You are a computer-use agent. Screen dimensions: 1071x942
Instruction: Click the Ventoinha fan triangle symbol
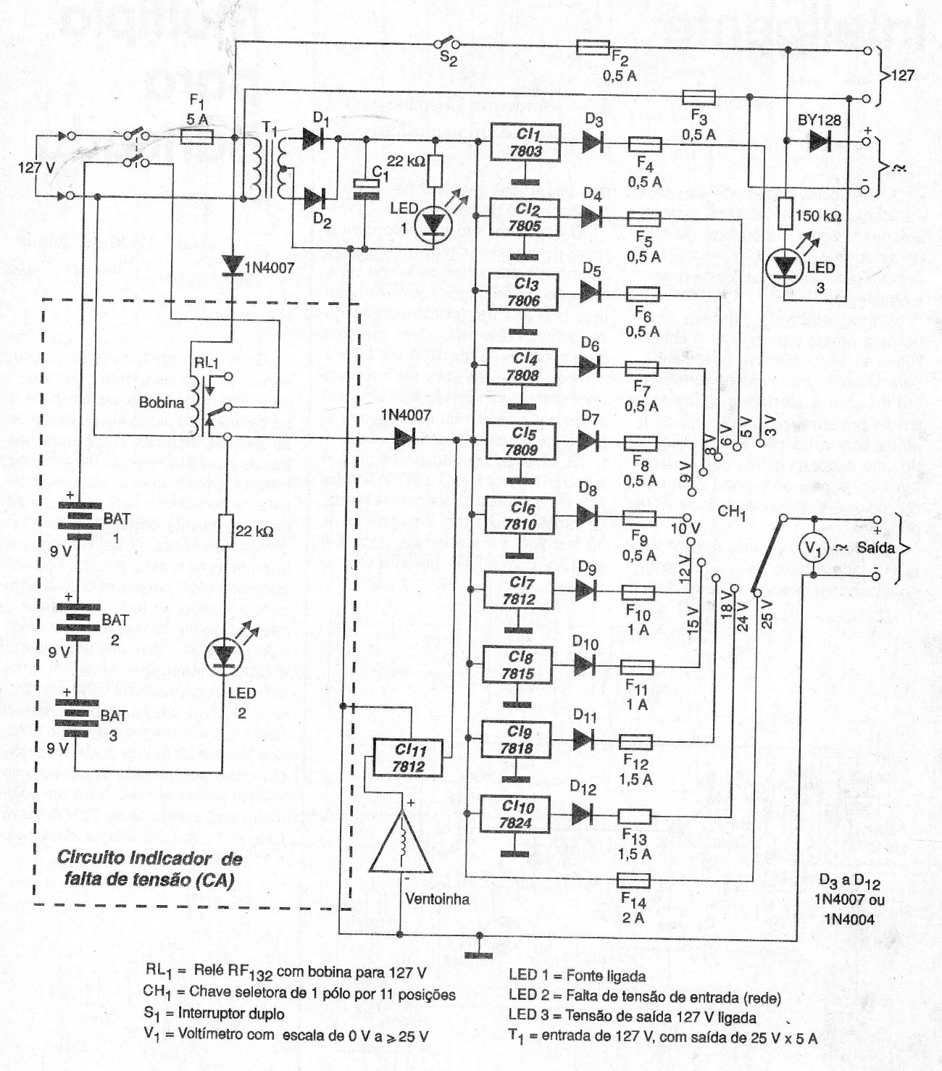coord(400,841)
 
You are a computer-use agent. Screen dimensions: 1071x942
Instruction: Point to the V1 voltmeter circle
coord(813,549)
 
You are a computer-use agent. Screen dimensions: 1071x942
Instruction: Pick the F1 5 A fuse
coord(196,136)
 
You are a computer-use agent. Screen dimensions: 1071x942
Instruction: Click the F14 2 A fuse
coord(633,880)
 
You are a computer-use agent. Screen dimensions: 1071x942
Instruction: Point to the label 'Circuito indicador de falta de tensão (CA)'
coord(150,868)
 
